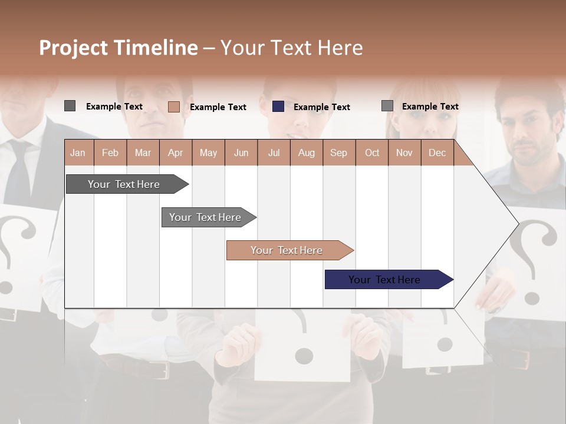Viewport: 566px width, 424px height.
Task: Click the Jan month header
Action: (x=78, y=153)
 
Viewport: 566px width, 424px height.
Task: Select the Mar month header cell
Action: (x=143, y=153)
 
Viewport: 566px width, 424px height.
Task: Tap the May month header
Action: (x=208, y=153)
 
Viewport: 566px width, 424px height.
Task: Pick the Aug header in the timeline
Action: (x=306, y=153)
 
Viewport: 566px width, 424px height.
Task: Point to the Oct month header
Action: (x=372, y=153)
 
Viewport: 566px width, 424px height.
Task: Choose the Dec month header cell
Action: (x=437, y=153)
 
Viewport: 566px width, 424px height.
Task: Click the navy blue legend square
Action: (x=278, y=107)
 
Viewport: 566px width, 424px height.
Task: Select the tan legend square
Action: (x=174, y=107)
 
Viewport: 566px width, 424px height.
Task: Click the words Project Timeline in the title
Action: (x=119, y=48)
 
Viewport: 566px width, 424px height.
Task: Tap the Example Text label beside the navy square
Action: (x=321, y=107)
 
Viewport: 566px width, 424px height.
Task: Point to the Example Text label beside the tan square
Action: (x=218, y=107)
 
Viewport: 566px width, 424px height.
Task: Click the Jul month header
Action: (x=274, y=153)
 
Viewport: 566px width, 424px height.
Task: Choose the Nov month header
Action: (x=404, y=153)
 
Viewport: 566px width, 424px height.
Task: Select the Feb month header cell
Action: (x=110, y=153)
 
